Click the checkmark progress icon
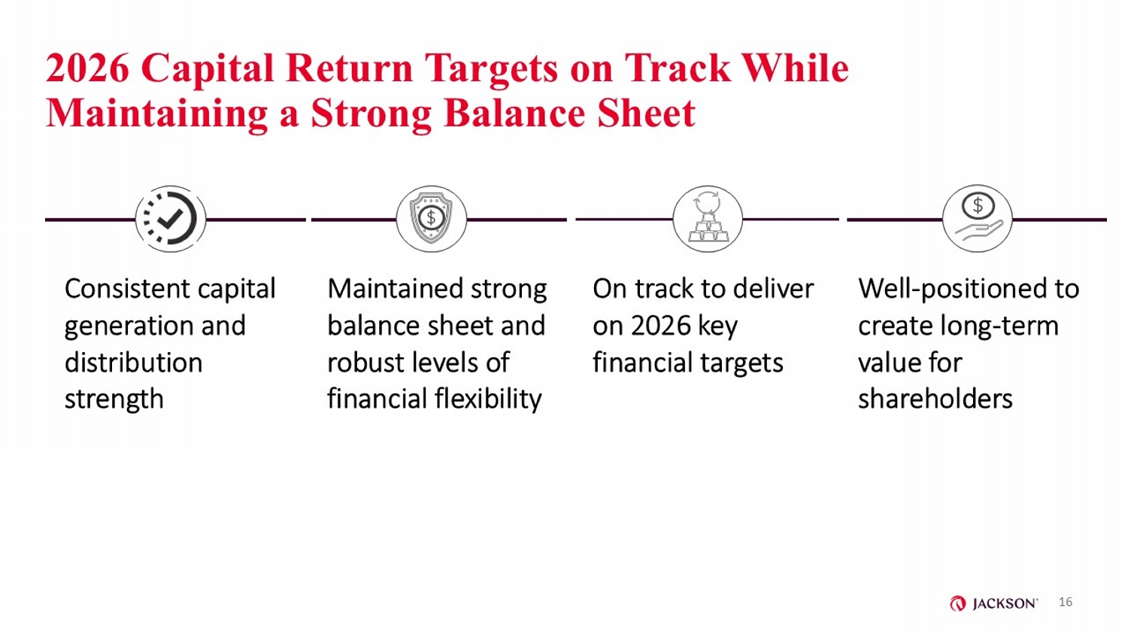pos(170,219)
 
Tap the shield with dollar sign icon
pos(431,219)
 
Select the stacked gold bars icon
pos(708,219)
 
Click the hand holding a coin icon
pos(978,219)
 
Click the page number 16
pos(1065,602)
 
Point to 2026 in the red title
pos(87,68)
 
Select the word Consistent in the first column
pos(127,289)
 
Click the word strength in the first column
pos(114,400)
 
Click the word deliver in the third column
pos(774,289)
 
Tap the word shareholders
pos(935,399)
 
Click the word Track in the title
pos(677,68)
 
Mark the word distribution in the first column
pos(133,363)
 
